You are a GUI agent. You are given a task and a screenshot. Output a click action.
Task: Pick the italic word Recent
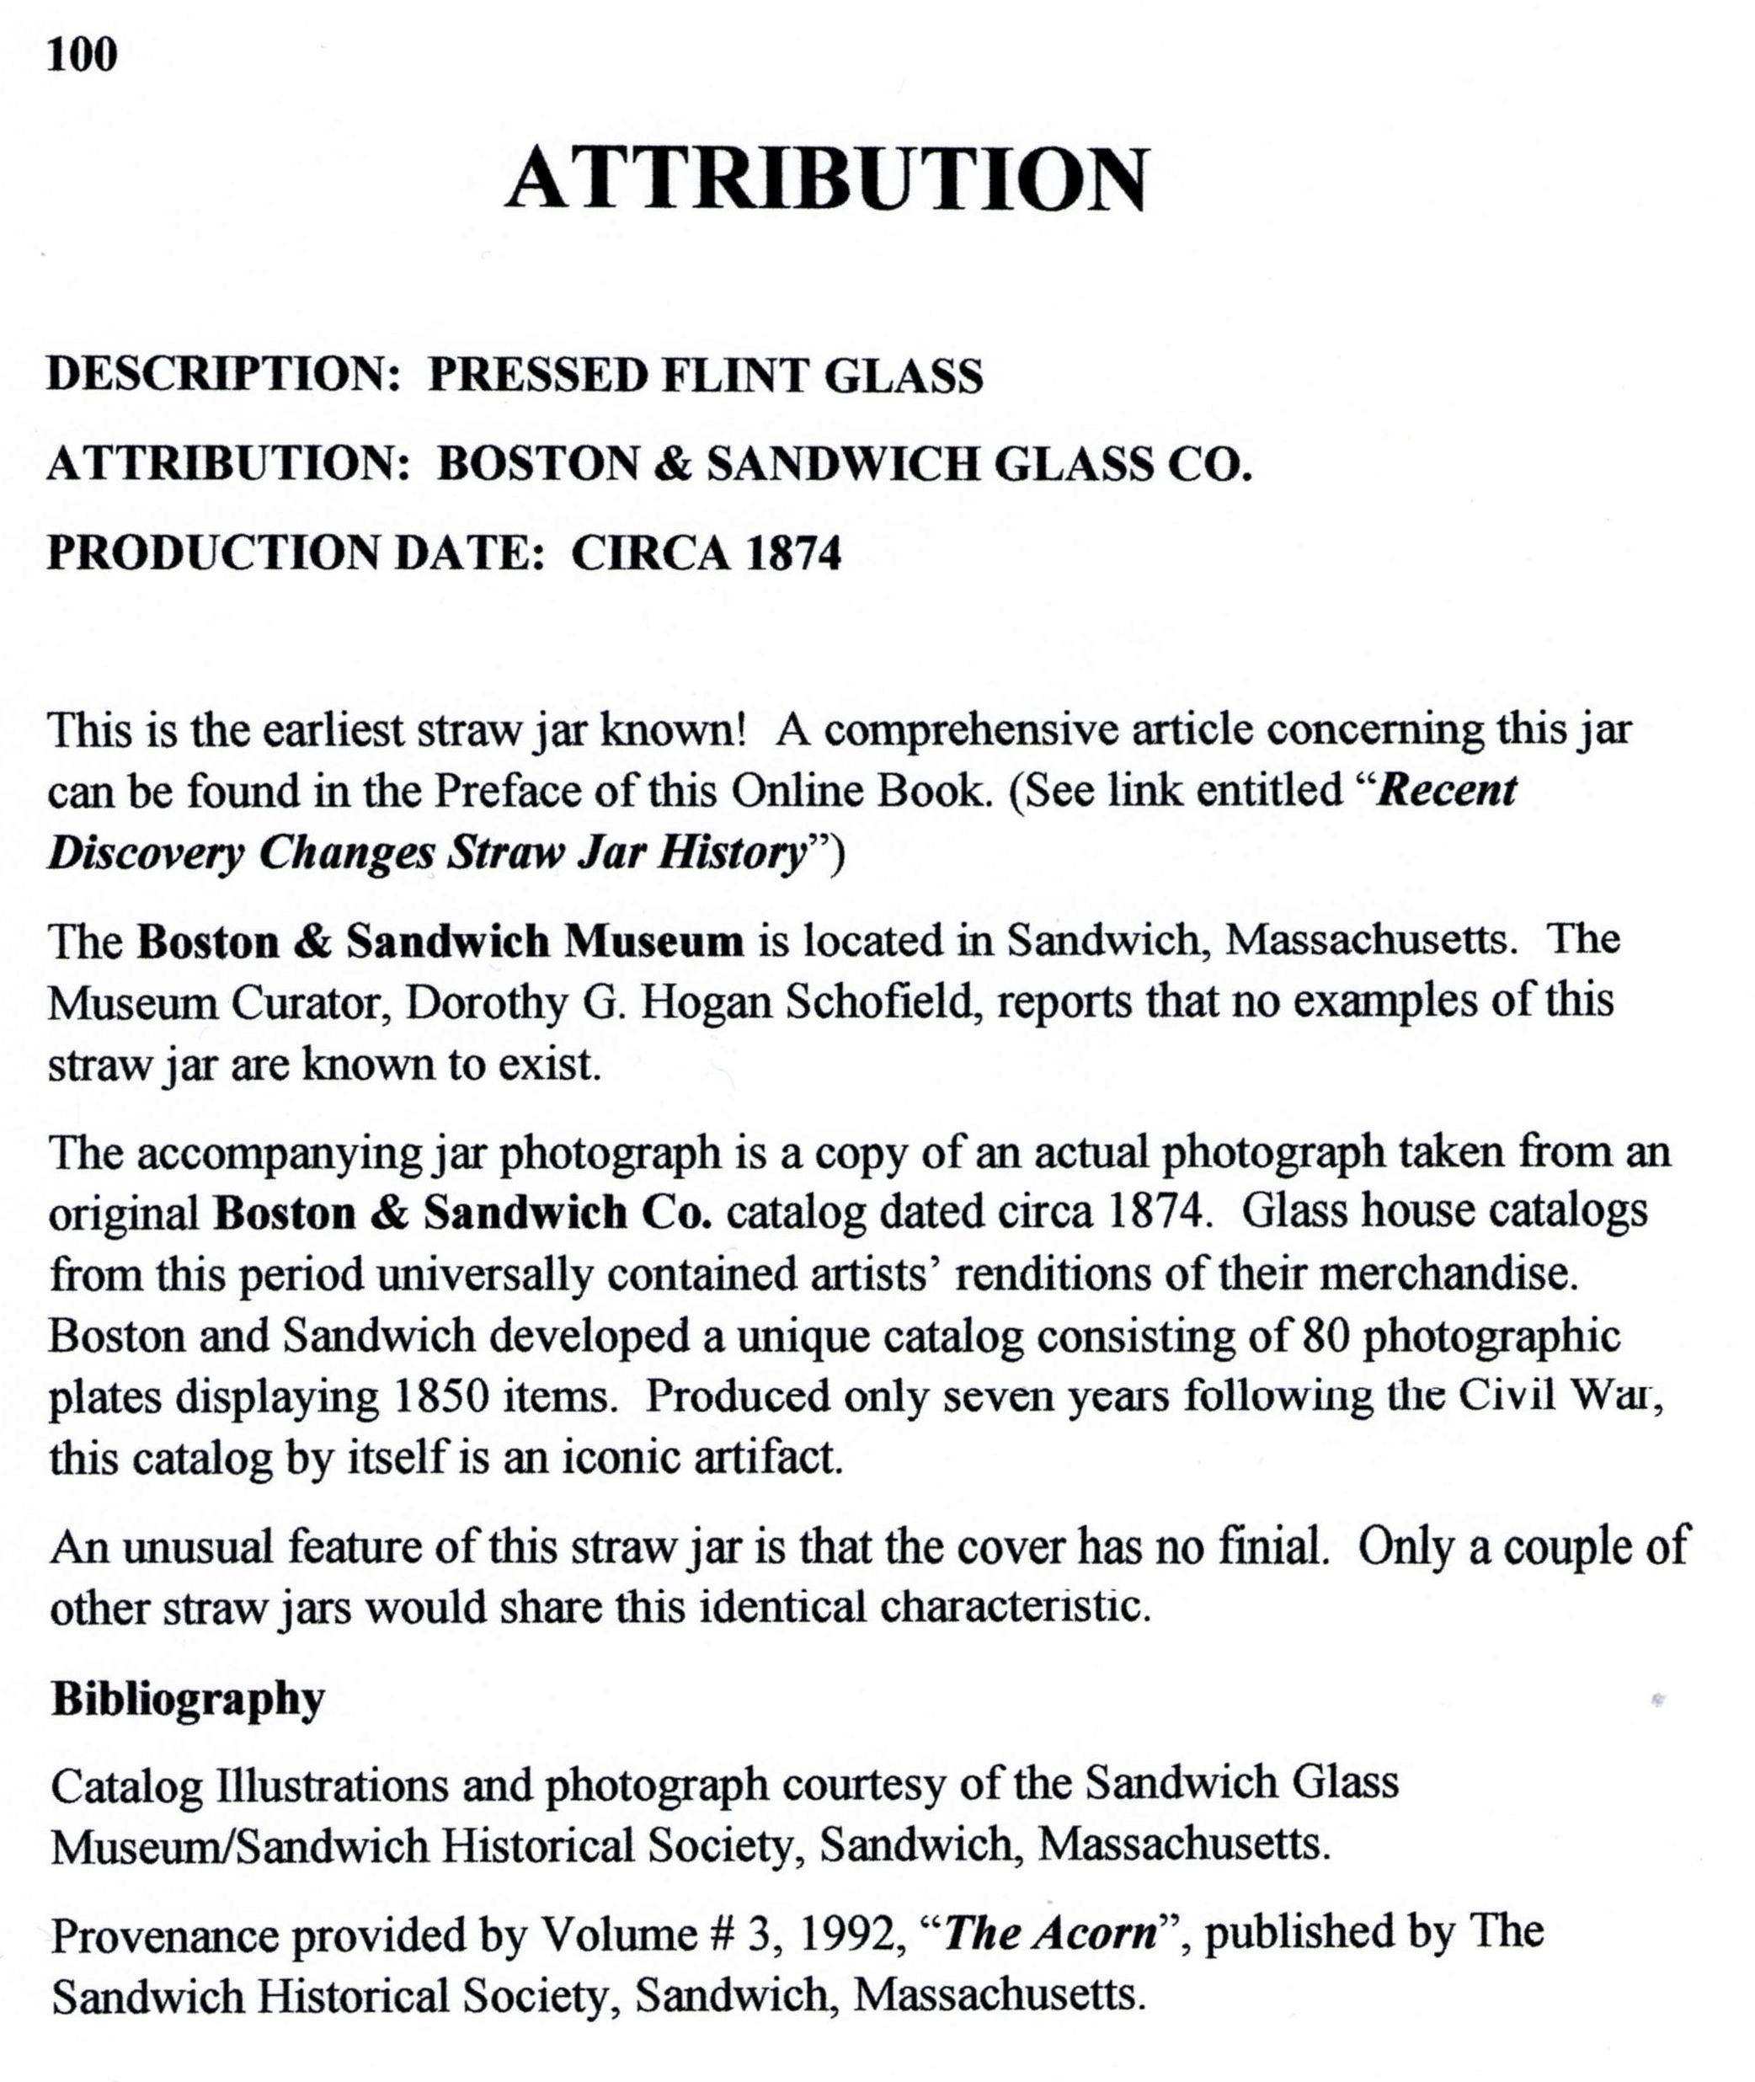coord(1448,791)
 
